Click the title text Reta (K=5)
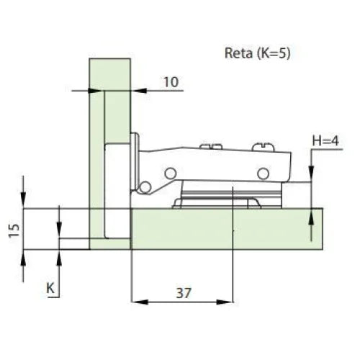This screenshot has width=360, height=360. (x=258, y=53)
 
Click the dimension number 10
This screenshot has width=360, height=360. (x=171, y=82)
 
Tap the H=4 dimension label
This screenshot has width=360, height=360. (x=325, y=140)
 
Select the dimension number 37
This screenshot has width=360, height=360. (x=184, y=293)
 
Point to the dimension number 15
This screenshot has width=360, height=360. (x=14, y=230)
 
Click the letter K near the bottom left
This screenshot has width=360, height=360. (x=50, y=288)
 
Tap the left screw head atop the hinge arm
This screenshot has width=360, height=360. (x=211, y=146)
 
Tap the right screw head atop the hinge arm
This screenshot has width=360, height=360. (x=263, y=147)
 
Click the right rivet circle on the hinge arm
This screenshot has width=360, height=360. (x=264, y=174)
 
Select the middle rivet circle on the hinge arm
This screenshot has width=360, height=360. (x=171, y=173)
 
